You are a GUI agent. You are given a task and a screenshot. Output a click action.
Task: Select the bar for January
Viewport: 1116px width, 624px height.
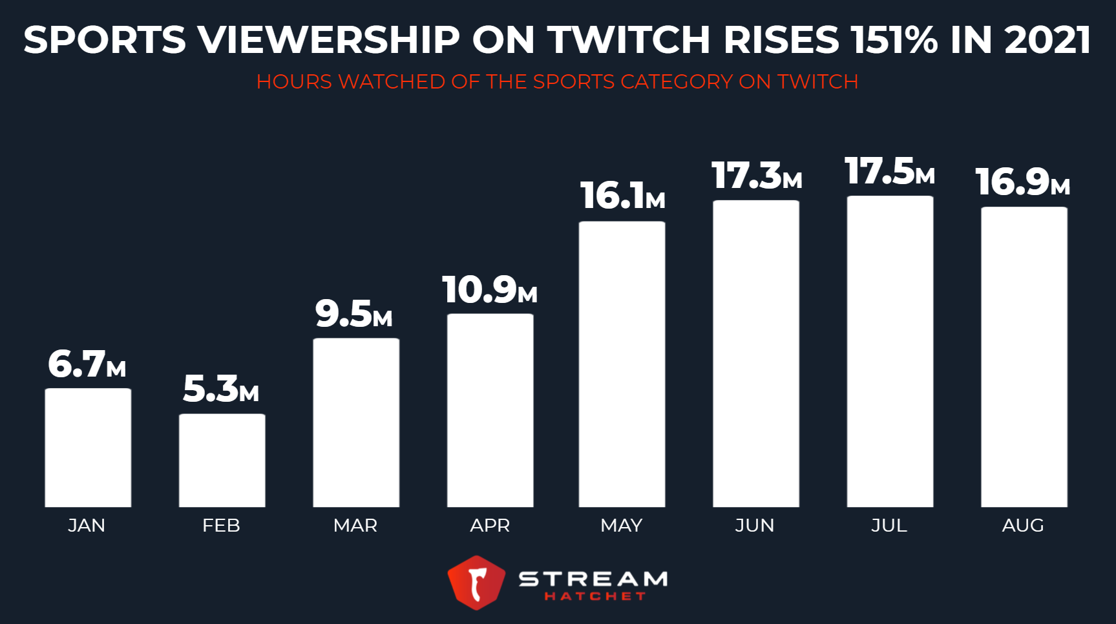pyautogui.click(x=88, y=448)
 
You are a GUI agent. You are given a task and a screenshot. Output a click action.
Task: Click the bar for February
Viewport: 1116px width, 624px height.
pyautogui.click(x=222, y=461)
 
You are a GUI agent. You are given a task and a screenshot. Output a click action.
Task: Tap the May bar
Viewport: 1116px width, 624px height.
pyautogui.click(x=622, y=364)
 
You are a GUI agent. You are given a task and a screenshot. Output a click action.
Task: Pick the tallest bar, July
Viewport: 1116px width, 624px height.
pyautogui.click(x=890, y=351)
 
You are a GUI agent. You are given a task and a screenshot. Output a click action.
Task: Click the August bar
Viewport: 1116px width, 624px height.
pyautogui.click(x=1024, y=357)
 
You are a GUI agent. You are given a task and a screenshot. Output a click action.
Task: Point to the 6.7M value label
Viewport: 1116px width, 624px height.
pyautogui.click(x=87, y=364)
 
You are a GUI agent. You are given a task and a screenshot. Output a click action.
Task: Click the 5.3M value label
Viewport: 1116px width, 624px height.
pyautogui.click(x=220, y=390)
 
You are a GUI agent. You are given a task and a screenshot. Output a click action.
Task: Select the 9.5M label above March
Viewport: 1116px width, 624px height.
pyautogui.click(x=353, y=314)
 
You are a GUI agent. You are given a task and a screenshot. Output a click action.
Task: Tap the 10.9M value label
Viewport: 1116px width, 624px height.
pyautogui.click(x=489, y=290)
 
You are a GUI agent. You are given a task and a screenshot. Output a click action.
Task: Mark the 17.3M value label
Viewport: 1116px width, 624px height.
pyautogui.click(x=756, y=176)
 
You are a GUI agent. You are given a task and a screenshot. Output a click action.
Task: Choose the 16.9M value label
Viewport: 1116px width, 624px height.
pyautogui.click(x=1022, y=182)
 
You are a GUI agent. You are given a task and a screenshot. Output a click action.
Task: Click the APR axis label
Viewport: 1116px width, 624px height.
pyautogui.click(x=490, y=526)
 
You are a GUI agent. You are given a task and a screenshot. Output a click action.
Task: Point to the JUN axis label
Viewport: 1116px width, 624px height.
pyautogui.click(x=754, y=526)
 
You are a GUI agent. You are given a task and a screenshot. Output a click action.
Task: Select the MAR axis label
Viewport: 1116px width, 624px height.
pyautogui.click(x=355, y=526)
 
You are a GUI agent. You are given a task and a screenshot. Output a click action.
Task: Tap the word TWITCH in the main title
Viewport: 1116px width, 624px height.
pyautogui.click(x=628, y=40)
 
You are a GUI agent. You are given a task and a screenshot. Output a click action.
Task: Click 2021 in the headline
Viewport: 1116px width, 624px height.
pyautogui.click(x=1047, y=40)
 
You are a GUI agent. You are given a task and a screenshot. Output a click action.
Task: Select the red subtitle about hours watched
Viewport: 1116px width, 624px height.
pyautogui.click(x=557, y=82)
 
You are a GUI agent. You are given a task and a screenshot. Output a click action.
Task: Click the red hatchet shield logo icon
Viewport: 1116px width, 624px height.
pyautogui.click(x=476, y=583)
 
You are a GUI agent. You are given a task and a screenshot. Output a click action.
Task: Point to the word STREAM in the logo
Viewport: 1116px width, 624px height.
pyautogui.click(x=593, y=578)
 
